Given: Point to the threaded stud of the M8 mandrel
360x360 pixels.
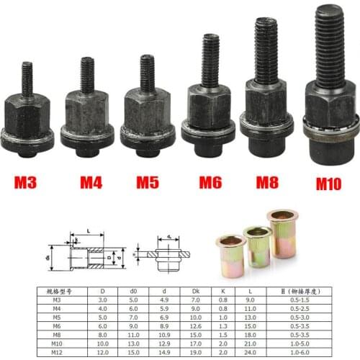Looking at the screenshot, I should tap(266, 50).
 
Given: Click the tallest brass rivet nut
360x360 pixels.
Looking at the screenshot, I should tap(282, 234).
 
